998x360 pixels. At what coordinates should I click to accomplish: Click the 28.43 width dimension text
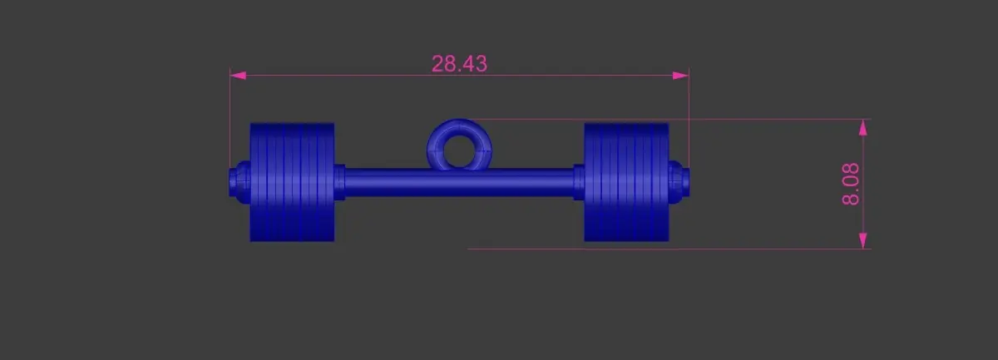coord(459,64)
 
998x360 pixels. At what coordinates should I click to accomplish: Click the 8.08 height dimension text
coord(851,184)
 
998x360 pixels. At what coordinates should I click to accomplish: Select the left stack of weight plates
coord(292,182)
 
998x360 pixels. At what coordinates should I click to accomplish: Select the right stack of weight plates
coord(626,182)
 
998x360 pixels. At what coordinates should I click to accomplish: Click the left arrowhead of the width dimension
coord(239,76)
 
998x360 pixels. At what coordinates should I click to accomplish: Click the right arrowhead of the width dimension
coord(680,76)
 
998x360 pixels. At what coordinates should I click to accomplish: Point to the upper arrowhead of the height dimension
coord(863,127)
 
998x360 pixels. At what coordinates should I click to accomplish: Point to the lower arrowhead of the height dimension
coord(863,240)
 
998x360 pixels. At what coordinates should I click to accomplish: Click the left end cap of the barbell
coord(240,182)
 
